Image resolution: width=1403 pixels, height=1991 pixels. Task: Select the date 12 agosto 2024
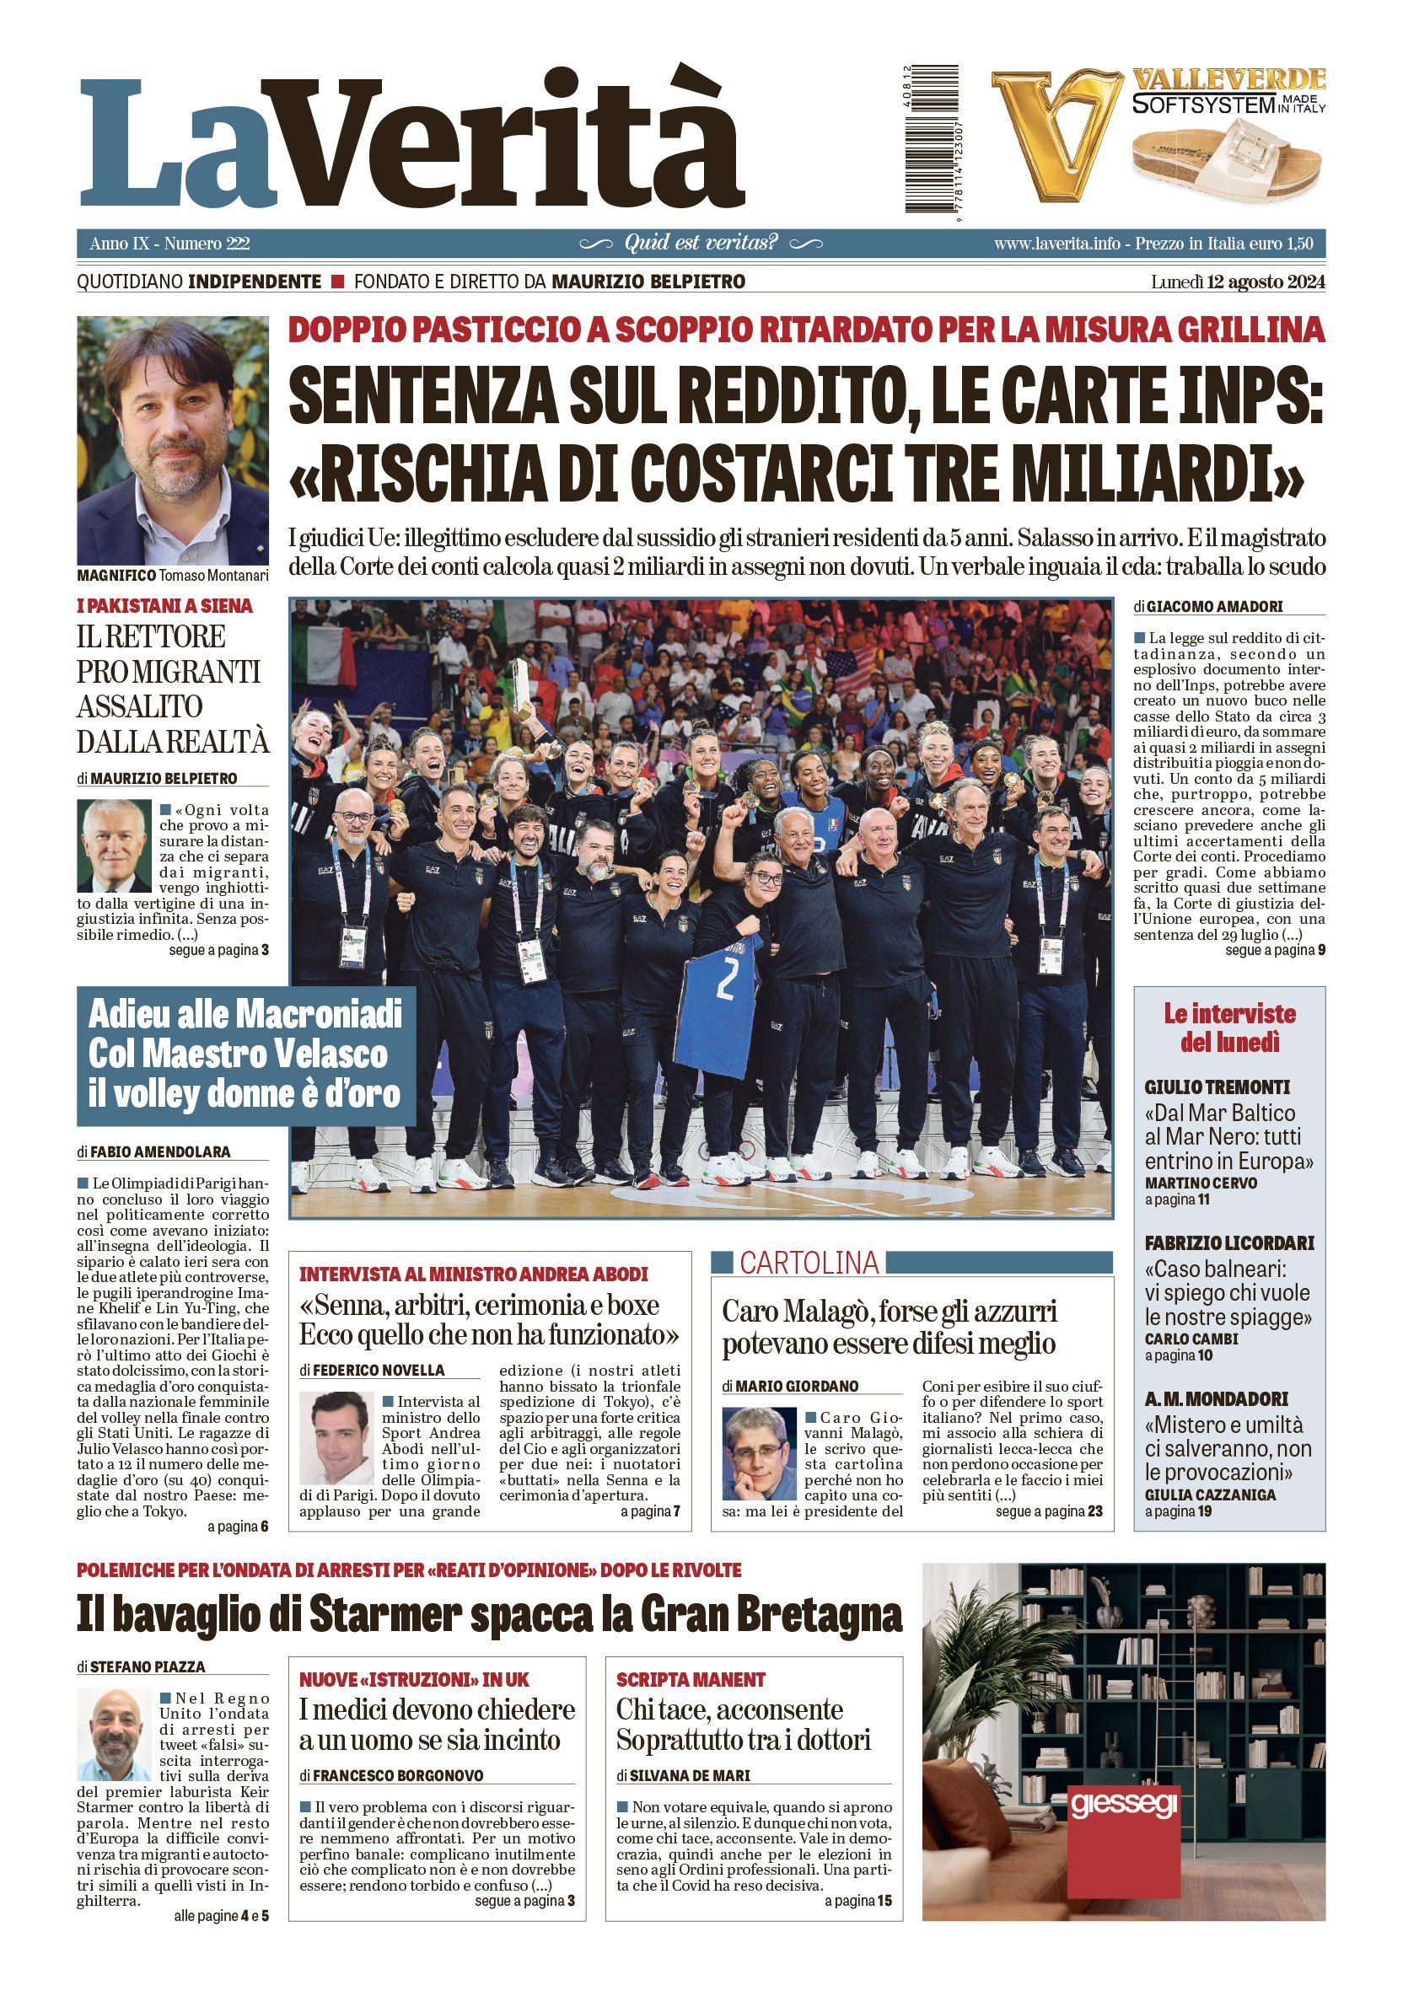[x=1261, y=282]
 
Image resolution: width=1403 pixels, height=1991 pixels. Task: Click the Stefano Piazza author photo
[x=114, y=1733]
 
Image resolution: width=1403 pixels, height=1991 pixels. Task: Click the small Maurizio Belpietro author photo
[x=114, y=846]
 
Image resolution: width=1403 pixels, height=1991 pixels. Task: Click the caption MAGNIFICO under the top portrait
[x=116, y=576]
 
